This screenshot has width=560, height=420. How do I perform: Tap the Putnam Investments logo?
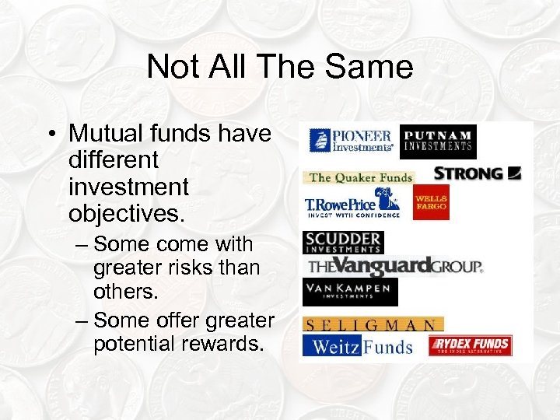[438, 141]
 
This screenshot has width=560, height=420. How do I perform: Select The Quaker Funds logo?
[359, 177]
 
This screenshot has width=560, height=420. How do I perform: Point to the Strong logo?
[477, 173]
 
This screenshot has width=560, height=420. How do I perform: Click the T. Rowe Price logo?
[352, 205]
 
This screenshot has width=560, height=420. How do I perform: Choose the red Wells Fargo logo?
[430, 202]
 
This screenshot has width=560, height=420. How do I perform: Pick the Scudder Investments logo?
[343, 242]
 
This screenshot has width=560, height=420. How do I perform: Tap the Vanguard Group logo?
[394, 267]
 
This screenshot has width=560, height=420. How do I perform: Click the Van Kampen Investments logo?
[350, 292]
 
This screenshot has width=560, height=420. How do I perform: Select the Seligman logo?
[373, 324]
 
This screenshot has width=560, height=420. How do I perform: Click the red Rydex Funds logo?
[472, 345]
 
